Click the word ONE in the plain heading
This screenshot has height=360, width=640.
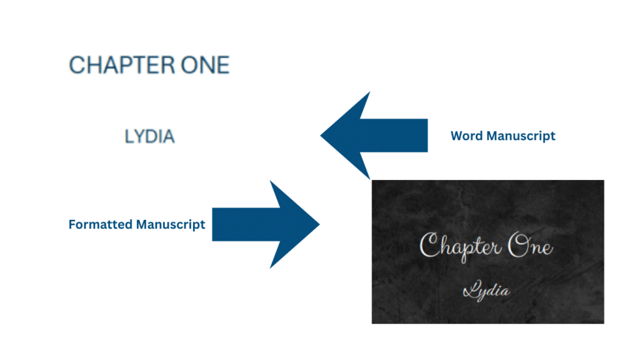[205, 65]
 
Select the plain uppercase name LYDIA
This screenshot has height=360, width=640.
[149, 136]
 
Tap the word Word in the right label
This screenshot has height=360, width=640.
[466, 136]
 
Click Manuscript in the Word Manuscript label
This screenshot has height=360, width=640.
[521, 136]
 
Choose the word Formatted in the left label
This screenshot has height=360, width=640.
[101, 224]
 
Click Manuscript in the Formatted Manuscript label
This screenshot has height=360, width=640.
[171, 224]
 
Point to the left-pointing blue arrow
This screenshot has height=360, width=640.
[374, 136]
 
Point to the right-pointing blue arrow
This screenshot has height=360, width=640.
[266, 224]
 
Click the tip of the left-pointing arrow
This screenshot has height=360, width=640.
[321, 136]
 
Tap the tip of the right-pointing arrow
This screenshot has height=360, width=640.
[319, 224]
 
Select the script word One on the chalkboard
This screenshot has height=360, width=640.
[530, 245]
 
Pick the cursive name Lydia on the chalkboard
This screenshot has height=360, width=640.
[486, 290]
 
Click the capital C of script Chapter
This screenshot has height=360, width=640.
[429, 244]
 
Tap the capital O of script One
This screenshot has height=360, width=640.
[518, 244]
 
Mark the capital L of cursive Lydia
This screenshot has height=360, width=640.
[471, 290]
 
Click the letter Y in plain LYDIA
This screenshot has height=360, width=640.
[139, 136]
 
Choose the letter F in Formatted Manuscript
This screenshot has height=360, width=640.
[72, 224]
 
